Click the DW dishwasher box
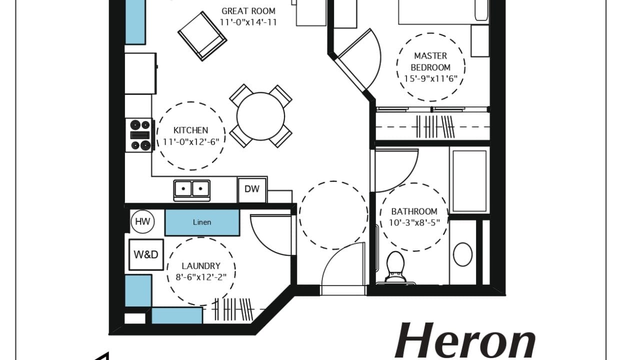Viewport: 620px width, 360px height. coord(252,190)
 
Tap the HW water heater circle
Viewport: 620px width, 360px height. coord(142,221)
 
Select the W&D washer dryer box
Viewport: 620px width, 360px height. coord(146,254)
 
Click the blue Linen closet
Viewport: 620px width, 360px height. coord(202,222)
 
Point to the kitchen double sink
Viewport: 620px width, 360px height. coord(192,190)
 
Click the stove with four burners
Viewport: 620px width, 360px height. coord(139,135)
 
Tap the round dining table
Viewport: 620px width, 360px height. coord(260,116)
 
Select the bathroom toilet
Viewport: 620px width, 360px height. coord(395,267)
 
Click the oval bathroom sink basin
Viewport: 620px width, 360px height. coord(463,254)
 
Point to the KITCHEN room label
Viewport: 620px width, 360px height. coord(190,130)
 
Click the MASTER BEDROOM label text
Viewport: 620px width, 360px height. coord(430,61)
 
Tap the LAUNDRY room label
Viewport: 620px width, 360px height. coord(201,266)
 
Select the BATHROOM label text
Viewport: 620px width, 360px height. coord(414,211)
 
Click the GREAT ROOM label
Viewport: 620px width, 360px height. coord(248,11)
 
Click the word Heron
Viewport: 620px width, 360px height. coord(465,341)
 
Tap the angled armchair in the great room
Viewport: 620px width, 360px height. coord(202,36)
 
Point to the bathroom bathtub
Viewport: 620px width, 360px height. coord(469,181)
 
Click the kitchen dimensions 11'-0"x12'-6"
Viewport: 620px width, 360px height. coord(190,142)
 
